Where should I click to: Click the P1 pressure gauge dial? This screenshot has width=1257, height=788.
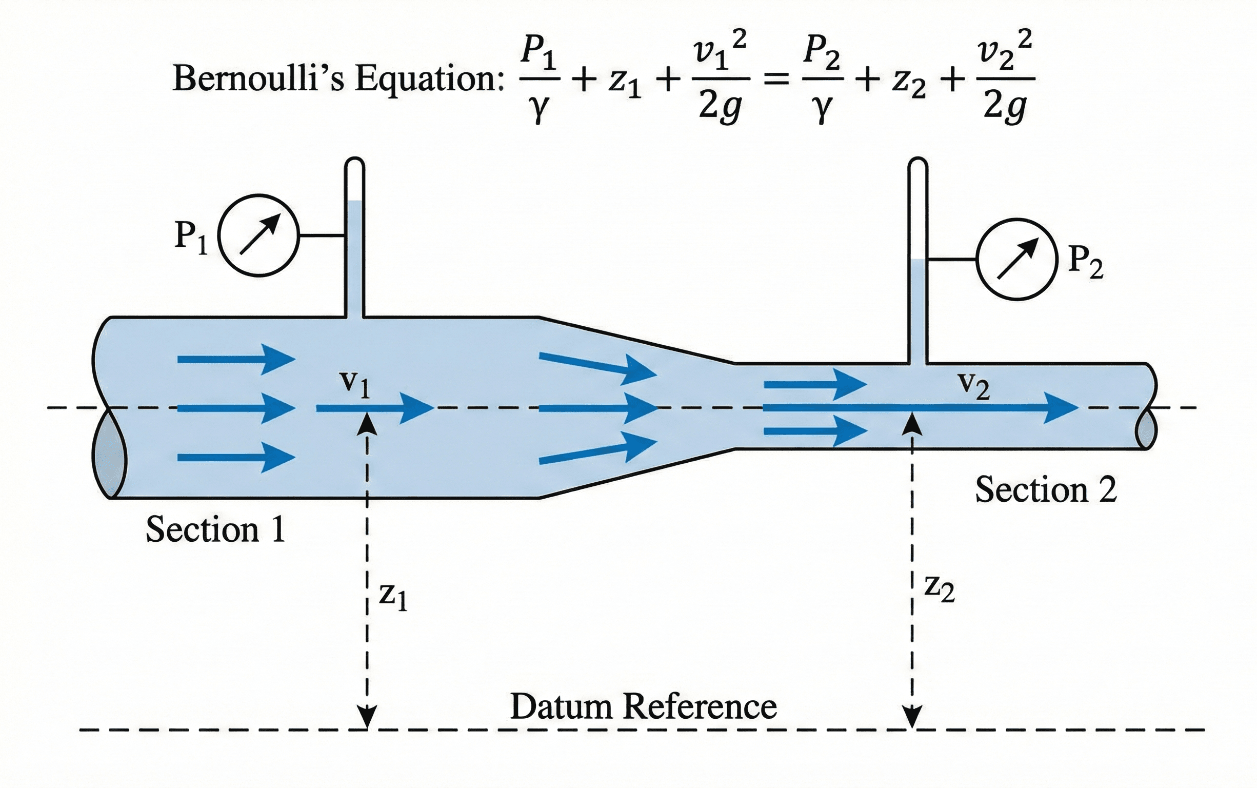coord(258,235)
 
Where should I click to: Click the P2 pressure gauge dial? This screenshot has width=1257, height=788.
coord(1016,259)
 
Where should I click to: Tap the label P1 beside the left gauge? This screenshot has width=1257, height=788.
coord(191,237)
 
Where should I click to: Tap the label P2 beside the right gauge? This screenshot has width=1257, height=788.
coord(1085,262)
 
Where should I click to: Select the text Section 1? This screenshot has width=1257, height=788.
coord(216,529)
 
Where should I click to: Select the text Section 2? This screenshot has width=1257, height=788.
coord(1046,490)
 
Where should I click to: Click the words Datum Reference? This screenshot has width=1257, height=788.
coord(643,707)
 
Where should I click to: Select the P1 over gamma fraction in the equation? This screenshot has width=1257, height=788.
coord(540,79)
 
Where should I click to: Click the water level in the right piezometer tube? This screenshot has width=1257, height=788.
coord(918,260)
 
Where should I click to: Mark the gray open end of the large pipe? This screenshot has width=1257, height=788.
coord(109,454)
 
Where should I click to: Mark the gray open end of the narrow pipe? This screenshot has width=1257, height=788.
coord(1146,429)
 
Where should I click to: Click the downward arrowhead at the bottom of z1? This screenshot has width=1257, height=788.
coord(368,717)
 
